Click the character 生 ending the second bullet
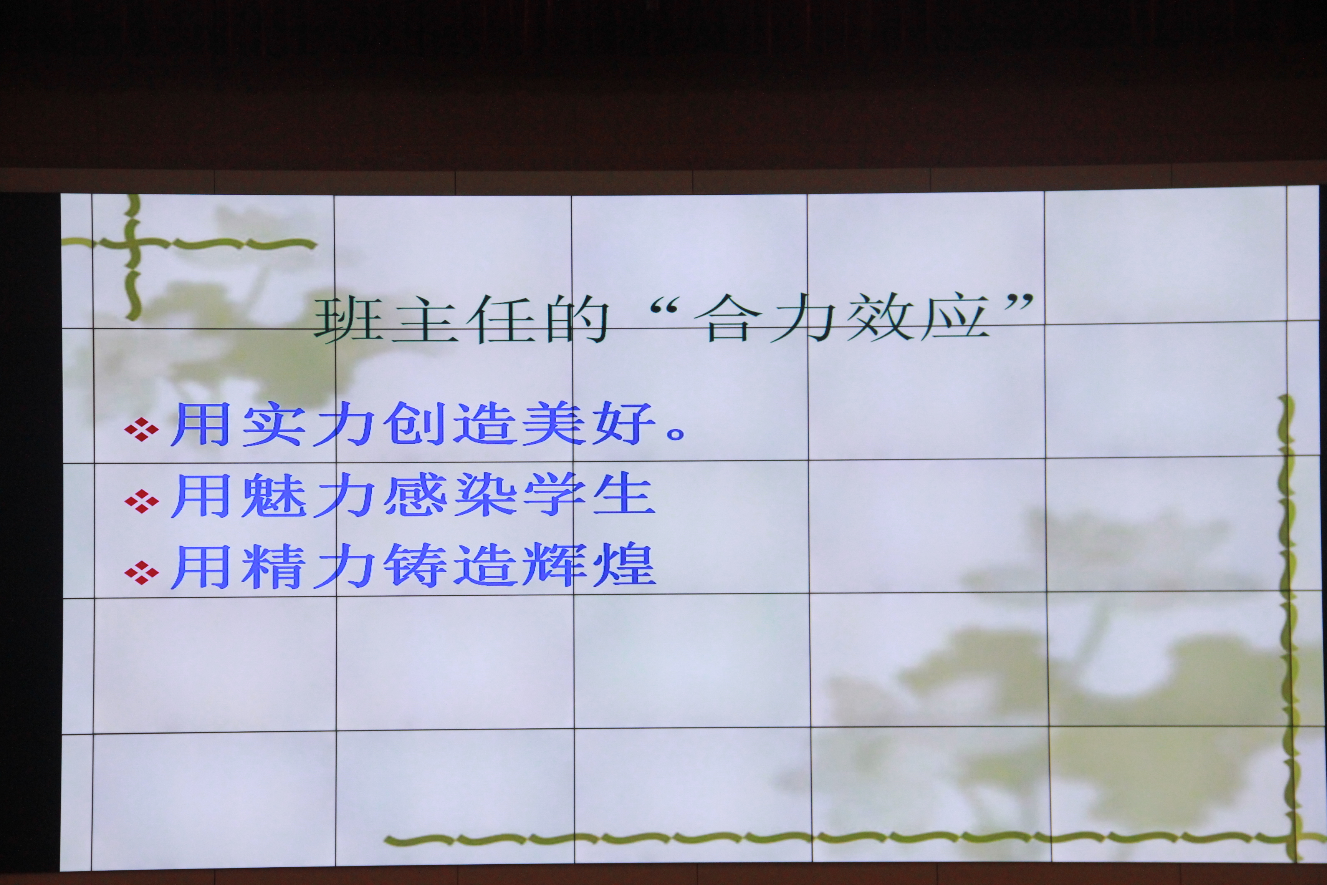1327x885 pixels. (x=624, y=494)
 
